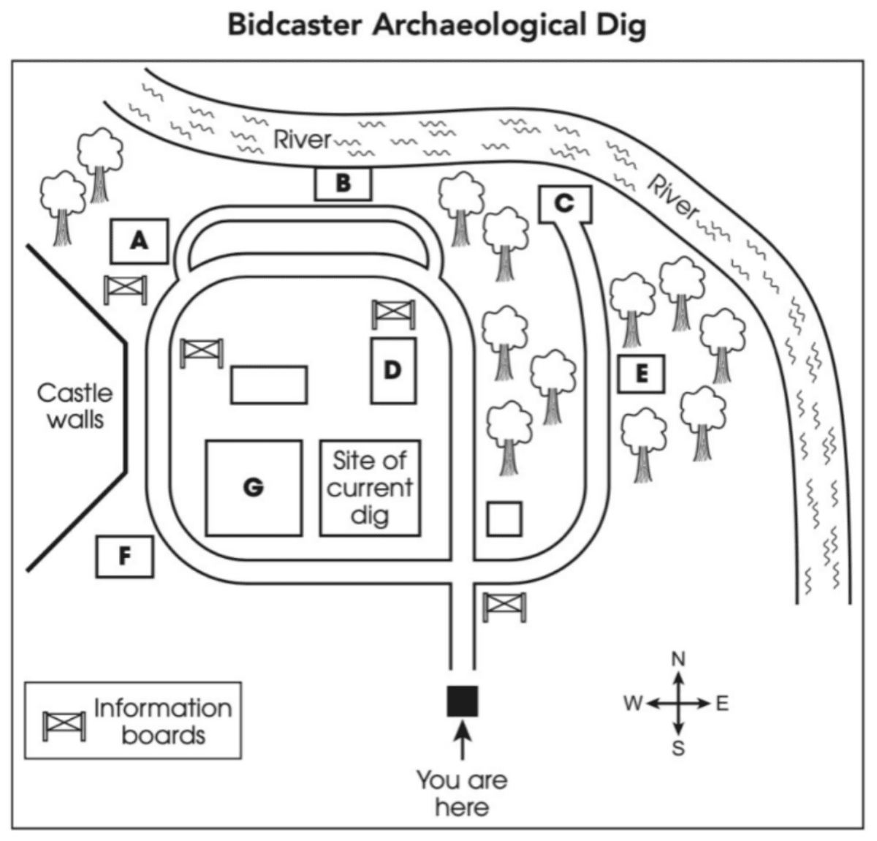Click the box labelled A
tap(140, 241)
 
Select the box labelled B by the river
tap(343, 184)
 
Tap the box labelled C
tap(564, 204)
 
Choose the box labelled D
tap(393, 370)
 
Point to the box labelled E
tap(641, 374)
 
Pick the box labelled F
tap(125, 557)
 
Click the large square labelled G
tap(254, 487)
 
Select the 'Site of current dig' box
tap(370, 488)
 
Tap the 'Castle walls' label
tap(75, 407)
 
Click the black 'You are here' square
tap(462, 701)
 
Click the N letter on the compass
tap(678, 659)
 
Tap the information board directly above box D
tap(394, 314)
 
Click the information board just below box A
tap(126, 290)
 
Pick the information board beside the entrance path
tap(505, 606)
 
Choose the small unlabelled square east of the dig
tap(504, 518)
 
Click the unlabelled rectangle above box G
tap(269, 385)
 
